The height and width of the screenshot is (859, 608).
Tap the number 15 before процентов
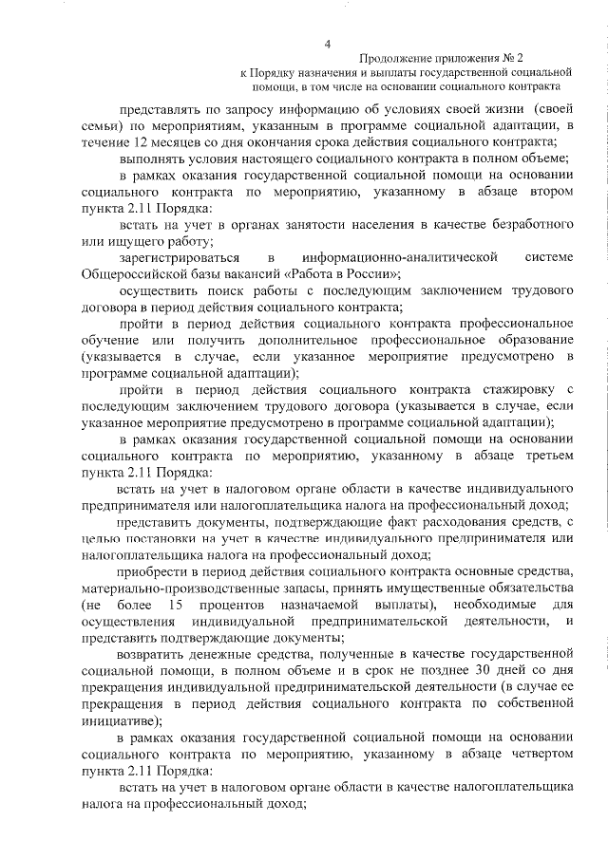click(173, 605)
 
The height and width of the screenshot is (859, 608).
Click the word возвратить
click(159, 654)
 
